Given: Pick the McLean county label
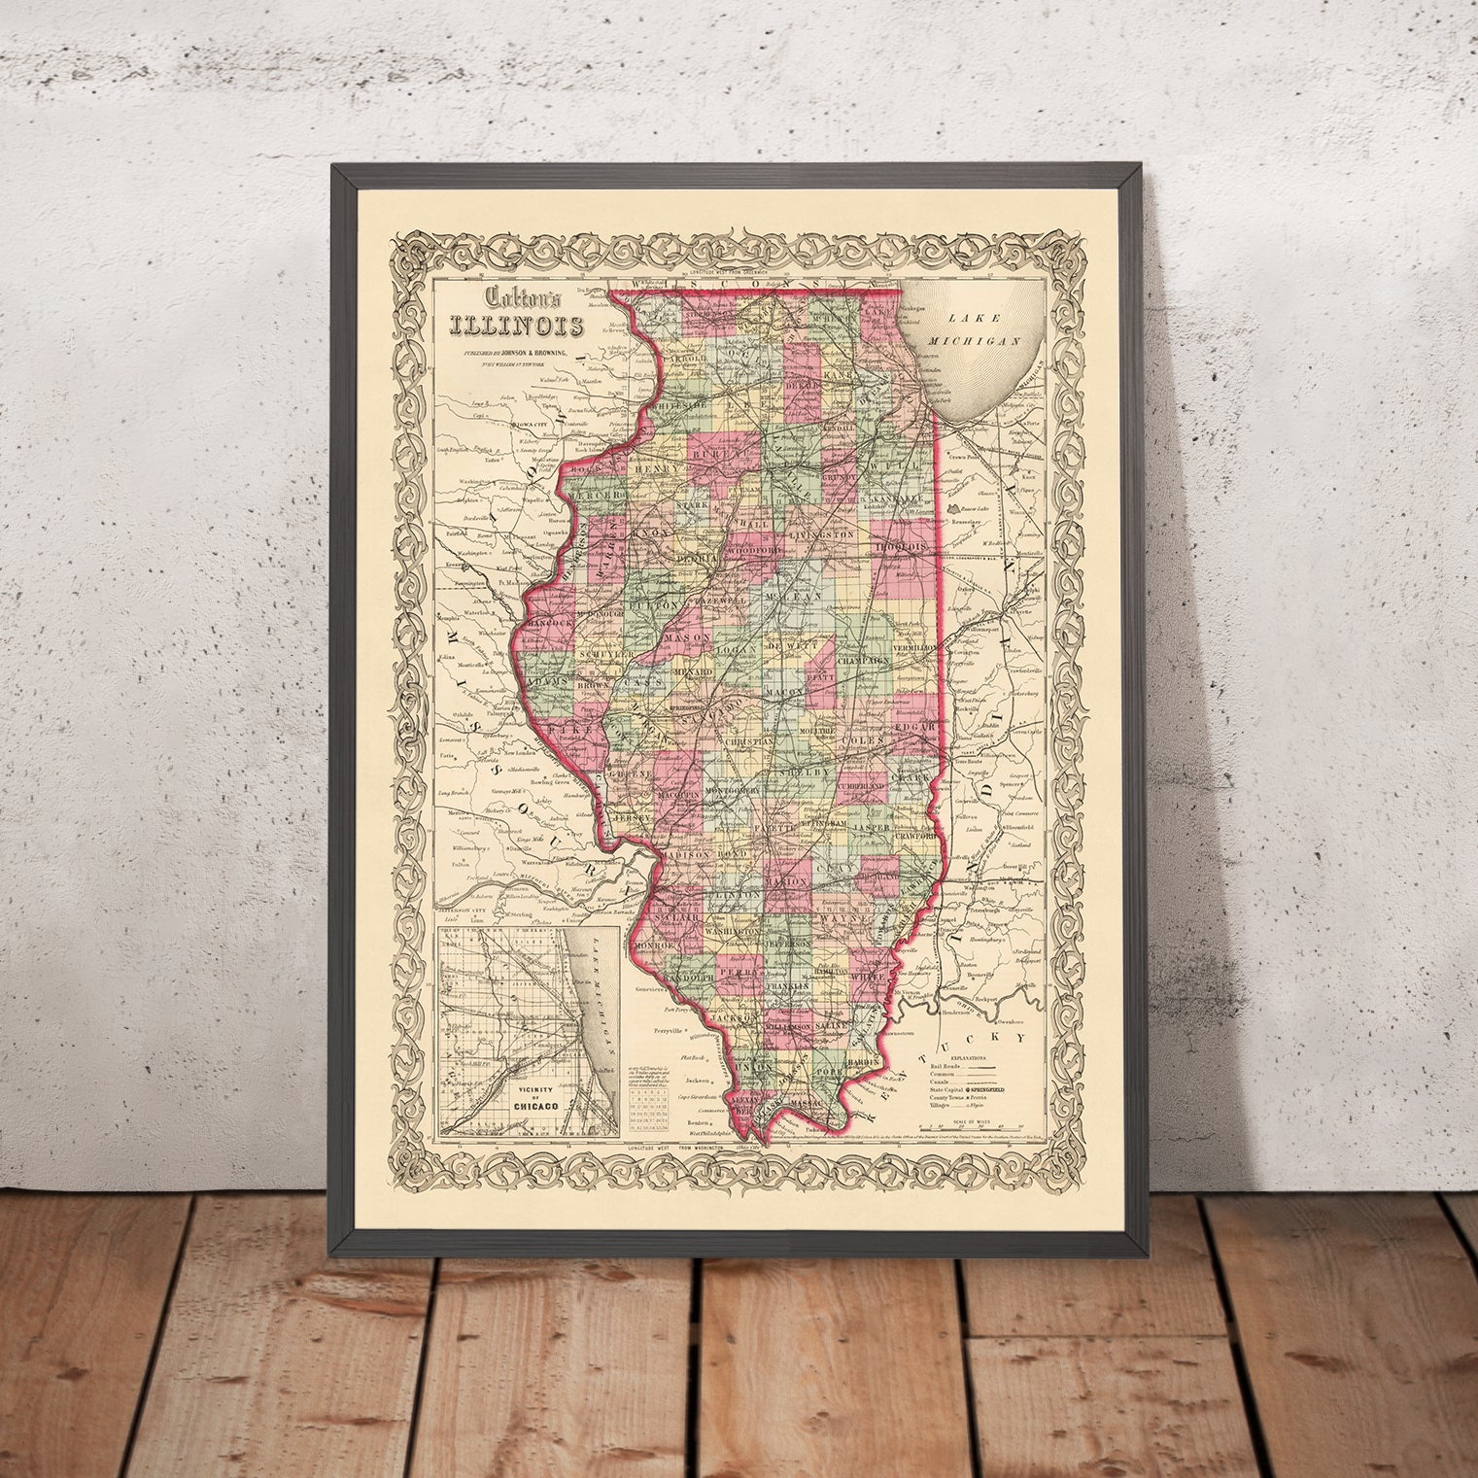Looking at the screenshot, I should [796, 594].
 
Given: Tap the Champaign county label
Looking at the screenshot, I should [864, 660].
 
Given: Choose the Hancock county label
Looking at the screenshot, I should [551, 622].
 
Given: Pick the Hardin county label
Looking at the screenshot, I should [863, 1062].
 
